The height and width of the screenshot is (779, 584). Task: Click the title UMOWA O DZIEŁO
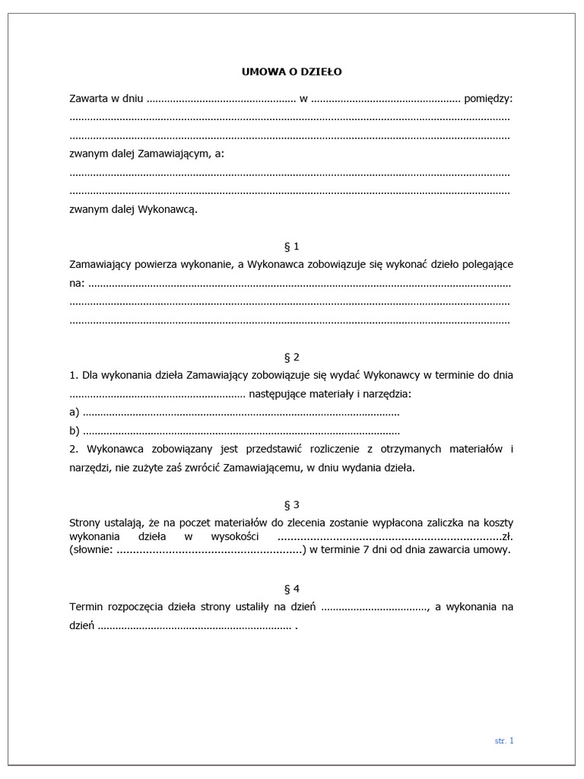tap(292, 72)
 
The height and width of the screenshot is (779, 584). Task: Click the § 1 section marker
tap(291, 246)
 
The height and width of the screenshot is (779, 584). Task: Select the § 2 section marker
tap(291, 357)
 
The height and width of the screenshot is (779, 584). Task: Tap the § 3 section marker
tap(291, 504)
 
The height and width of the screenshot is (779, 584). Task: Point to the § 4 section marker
tap(291, 588)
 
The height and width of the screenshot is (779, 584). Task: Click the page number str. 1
tap(504, 740)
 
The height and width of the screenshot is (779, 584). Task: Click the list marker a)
tap(75, 412)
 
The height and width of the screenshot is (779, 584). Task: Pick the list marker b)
tap(75, 431)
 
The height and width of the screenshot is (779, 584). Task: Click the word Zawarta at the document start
tap(89, 99)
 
